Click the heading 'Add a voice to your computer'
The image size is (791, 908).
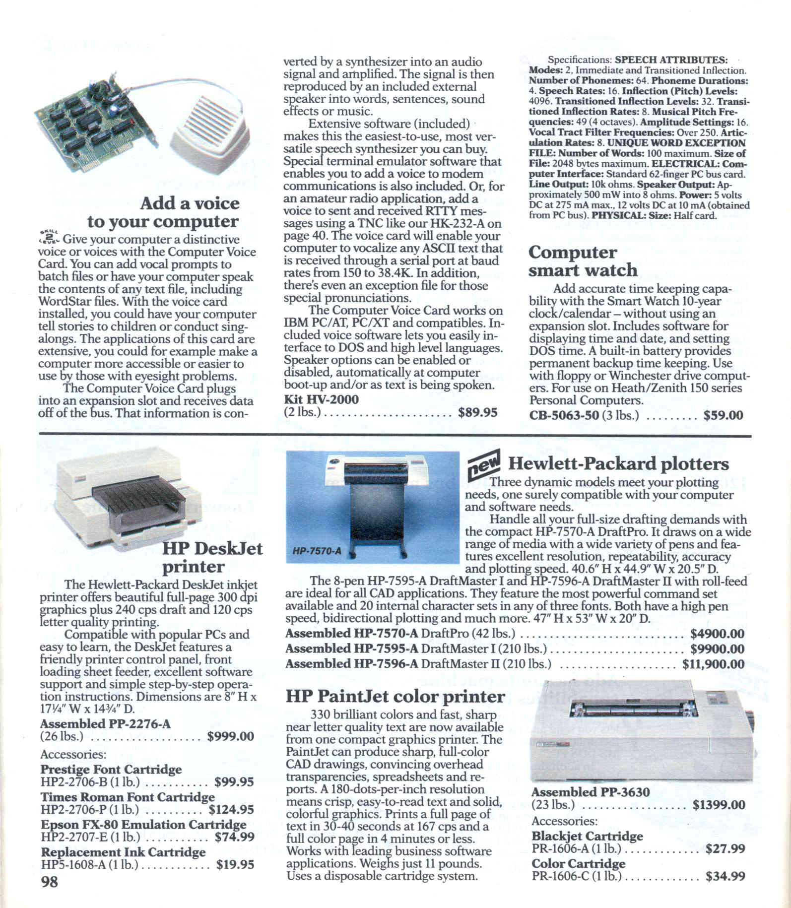[163, 212]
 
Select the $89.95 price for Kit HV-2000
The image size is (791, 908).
[477, 413]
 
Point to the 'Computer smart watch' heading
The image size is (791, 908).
[583, 261]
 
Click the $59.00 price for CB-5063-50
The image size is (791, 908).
[723, 415]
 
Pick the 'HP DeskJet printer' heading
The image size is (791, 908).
[212, 557]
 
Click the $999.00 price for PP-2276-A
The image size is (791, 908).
[231, 736]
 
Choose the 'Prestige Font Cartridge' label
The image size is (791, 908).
[111, 770]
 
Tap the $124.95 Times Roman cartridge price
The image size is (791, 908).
[231, 810]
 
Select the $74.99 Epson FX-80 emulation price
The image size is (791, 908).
[234, 837]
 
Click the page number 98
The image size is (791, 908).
[49, 882]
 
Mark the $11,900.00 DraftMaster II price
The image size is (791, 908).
[713, 664]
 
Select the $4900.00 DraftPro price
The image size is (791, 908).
[717, 634]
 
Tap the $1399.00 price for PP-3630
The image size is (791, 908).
[719, 805]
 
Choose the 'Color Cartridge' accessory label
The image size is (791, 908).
[578, 863]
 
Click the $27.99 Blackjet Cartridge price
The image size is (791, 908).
[725, 849]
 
